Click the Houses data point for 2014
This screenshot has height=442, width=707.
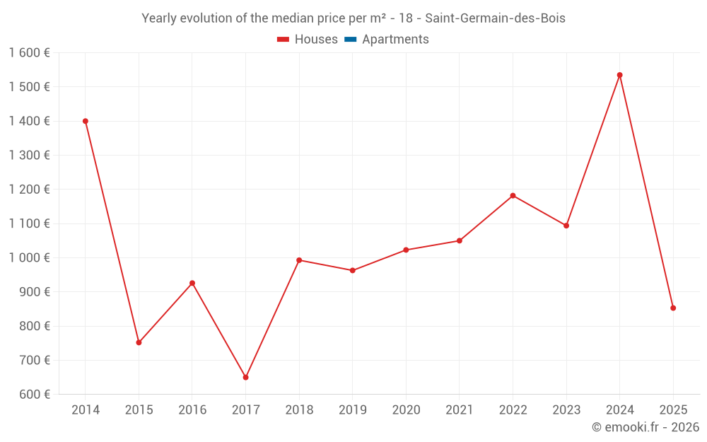pos(86,121)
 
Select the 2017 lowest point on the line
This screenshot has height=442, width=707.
pos(245,378)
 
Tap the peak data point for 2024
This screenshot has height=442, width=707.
pos(619,75)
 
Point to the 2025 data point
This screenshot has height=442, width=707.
pos(673,308)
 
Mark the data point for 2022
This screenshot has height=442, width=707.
pos(513,196)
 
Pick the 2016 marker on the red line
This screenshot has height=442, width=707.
pos(192,283)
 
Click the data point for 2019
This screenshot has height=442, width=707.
pos(353,270)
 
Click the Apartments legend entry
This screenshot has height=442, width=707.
pos(395,40)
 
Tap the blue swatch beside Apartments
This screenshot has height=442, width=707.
pos(350,40)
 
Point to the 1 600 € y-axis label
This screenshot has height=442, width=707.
pos(29,53)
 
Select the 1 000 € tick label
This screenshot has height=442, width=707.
pos(29,258)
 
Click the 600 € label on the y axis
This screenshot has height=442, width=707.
pos(33,395)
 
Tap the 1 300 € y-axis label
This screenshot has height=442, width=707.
pos(29,156)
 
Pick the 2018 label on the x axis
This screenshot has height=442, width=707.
pos(299,410)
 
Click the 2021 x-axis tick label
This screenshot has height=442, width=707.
pos(460,410)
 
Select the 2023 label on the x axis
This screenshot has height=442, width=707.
pos(566,410)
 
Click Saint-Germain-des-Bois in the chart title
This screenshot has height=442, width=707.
pos(495,18)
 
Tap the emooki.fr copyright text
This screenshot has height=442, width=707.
pos(645,427)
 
